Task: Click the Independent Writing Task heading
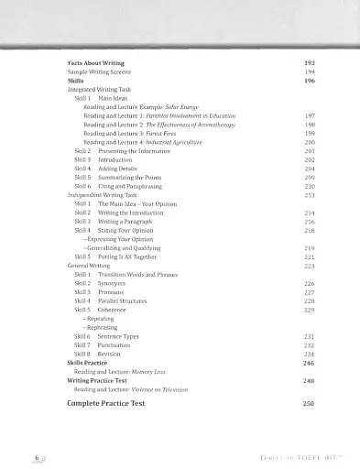click(109, 196)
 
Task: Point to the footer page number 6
click(35, 455)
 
